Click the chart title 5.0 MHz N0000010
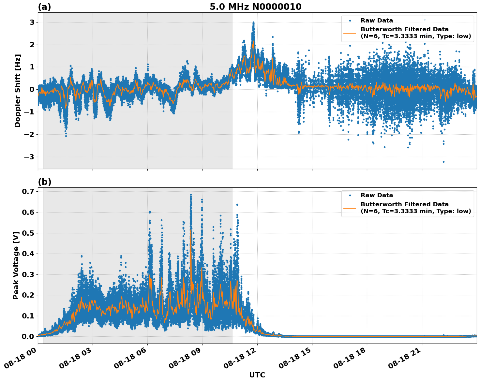pyautogui.click(x=255, y=7)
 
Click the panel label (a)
pyautogui.click(x=44, y=7)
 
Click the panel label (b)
pyautogui.click(x=44, y=182)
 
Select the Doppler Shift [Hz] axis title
pyautogui.click(x=18, y=91)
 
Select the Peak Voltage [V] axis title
pyautogui.click(x=16, y=265)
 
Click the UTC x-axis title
pyautogui.click(x=257, y=375)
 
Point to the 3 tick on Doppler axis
pyautogui.click(x=32, y=22)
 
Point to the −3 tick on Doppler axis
pyautogui.click(x=30, y=157)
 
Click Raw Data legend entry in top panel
pyautogui.click(x=377, y=21)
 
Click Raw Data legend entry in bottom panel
pyautogui.click(x=377, y=195)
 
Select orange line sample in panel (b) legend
pyautogui.click(x=350, y=208)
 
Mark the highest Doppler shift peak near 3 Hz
pyautogui.click(x=253, y=23)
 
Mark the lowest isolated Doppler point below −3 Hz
pyautogui.click(x=443, y=162)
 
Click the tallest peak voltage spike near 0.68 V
pyautogui.click(x=191, y=195)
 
